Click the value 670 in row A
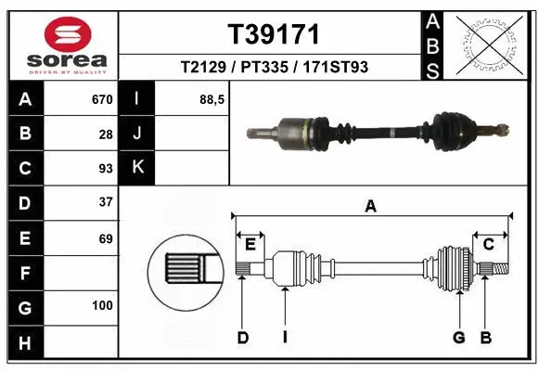pos(102,99)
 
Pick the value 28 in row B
pos(106,134)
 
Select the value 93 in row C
pos(106,168)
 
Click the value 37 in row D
pos(106,202)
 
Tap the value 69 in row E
pos(106,238)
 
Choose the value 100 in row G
pos(102,305)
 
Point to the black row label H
pos(24,343)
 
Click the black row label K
pos(136,168)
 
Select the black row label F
pos(24,273)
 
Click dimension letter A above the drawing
pos(371,207)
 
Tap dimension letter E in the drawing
pos(250,244)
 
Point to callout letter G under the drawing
pos(458,338)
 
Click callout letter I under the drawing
pos(285,338)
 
